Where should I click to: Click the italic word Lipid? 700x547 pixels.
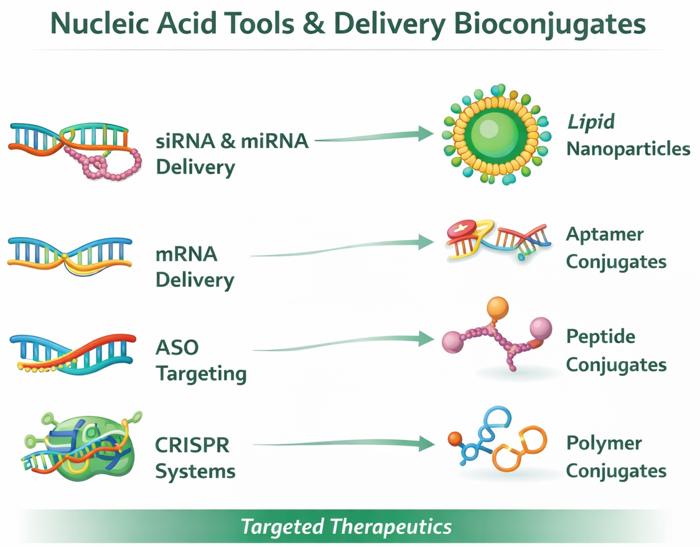pyautogui.click(x=590, y=122)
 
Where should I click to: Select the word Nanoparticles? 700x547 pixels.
pyautogui.click(x=628, y=149)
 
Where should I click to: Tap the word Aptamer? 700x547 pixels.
pyautogui.click(x=604, y=235)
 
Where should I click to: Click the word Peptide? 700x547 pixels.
pyautogui.click(x=600, y=337)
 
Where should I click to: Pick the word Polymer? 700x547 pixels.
pyautogui.click(x=604, y=444)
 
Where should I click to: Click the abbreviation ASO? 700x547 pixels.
pyautogui.click(x=177, y=347)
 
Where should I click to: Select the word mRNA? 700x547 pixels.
pyautogui.click(x=186, y=254)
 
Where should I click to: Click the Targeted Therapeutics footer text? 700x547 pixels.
pyautogui.click(x=346, y=527)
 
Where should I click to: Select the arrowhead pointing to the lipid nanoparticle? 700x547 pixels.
pyautogui.click(x=426, y=133)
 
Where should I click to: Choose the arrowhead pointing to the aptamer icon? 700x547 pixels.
pyautogui.click(x=426, y=242)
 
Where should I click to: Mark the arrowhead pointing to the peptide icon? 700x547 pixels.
pyautogui.click(x=426, y=339)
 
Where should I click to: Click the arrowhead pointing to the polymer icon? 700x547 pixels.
pyautogui.click(x=426, y=444)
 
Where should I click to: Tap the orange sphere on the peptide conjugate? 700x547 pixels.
pyautogui.click(x=497, y=307)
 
